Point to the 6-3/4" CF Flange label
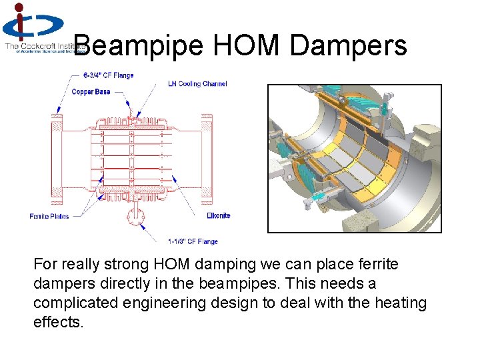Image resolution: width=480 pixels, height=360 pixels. coord(109,75)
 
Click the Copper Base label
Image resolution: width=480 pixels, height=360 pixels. coord(91,91)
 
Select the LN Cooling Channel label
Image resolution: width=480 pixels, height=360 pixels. coord(197,84)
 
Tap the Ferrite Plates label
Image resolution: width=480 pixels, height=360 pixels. coord(49,216)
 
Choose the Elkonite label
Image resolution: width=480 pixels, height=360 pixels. coord(218,215)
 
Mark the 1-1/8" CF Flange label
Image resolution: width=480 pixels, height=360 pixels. coord(193,241)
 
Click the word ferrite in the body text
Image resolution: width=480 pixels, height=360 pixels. coord(377,264)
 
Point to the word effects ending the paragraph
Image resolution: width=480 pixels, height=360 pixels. coord(58,322)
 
